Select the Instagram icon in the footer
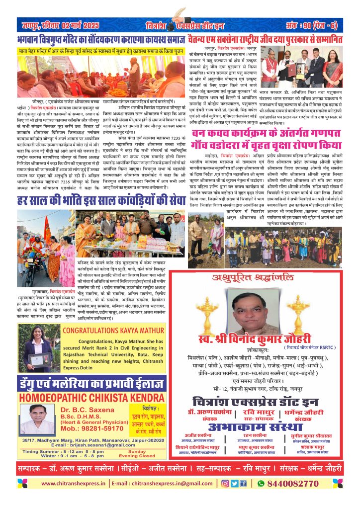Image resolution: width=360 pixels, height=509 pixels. pyautogui.click(x=224, y=483)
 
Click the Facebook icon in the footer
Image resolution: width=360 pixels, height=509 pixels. pyautogui.click(x=243, y=483)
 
